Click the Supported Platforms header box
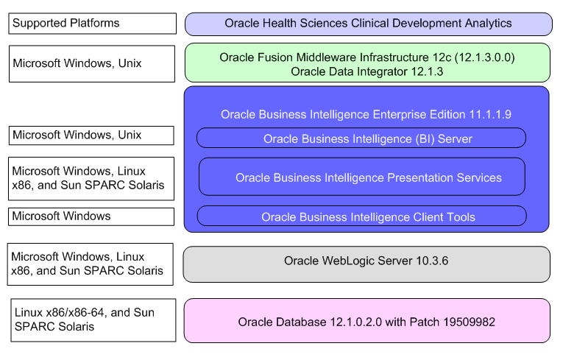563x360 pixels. click(x=93, y=24)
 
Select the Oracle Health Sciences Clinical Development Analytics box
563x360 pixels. click(x=368, y=24)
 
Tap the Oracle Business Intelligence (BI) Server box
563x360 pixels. click(x=361, y=138)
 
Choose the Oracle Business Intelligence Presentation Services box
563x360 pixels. click(x=361, y=177)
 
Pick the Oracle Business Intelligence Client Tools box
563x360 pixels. click(x=361, y=216)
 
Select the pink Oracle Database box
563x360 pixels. click(x=367, y=321)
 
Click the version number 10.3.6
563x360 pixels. click(x=432, y=261)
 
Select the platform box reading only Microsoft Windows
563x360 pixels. click(x=92, y=216)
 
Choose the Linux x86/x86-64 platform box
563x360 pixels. click(x=93, y=320)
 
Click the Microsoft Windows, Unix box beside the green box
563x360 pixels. click(x=93, y=63)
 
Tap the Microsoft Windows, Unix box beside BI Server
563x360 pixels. click(x=92, y=135)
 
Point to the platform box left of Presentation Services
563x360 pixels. click(x=92, y=178)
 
